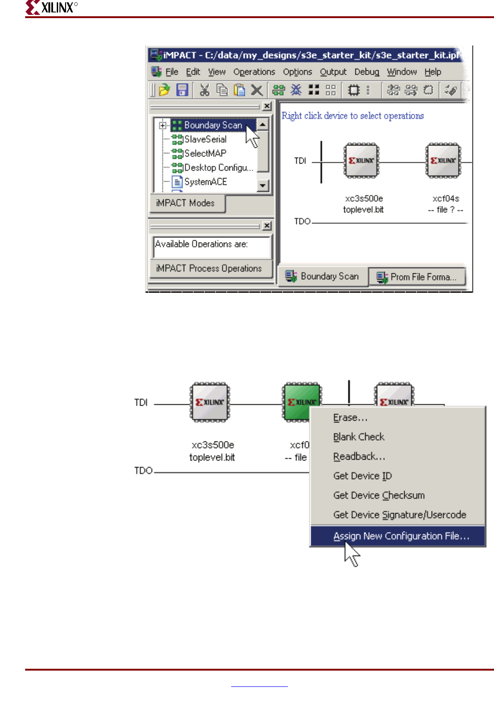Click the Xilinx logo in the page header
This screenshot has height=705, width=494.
tap(51, 7)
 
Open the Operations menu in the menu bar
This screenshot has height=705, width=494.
tap(254, 72)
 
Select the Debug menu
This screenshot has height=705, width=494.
tap(367, 72)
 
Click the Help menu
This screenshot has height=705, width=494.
tap(433, 72)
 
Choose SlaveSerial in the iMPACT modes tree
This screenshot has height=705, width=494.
tap(205, 139)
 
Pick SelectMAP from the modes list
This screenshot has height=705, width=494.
tap(205, 153)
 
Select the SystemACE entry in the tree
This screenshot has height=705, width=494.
tap(206, 182)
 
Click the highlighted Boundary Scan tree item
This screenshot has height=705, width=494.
tap(213, 125)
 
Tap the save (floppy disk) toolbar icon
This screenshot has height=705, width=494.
tap(182, 90)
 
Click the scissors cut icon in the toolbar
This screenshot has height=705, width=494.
tap(204, 90)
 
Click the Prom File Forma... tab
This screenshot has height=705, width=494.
tap(417, 277)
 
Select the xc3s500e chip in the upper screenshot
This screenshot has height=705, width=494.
tap(361, 161)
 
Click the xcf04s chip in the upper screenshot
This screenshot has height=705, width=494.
tap(443, 161)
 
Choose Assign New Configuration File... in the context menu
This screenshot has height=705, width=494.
tap(401, 536)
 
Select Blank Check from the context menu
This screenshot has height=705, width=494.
tap(359, 437)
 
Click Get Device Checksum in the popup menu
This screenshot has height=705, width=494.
tap(379, 495)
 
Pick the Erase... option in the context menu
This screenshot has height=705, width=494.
tap(350, 418)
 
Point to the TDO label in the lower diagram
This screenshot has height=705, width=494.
tap(143, 471)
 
